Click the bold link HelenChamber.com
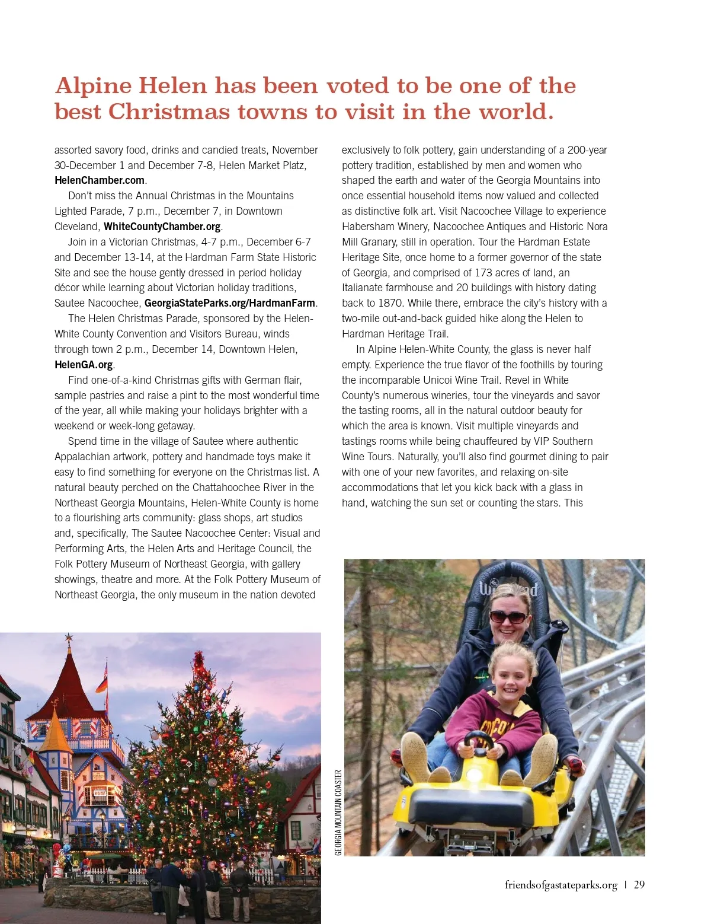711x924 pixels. click(x=100, y=180)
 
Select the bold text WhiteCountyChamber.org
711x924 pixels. click(x=162, y=227)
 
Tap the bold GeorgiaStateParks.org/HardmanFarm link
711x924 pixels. click(x=230, y=303)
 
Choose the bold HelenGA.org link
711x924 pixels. click(x=84, y=365)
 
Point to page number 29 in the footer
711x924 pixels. click(x=639, y=885)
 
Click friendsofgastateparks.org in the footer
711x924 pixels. click(x=561, y=885)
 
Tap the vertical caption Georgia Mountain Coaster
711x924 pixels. click(x=338, y=813)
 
